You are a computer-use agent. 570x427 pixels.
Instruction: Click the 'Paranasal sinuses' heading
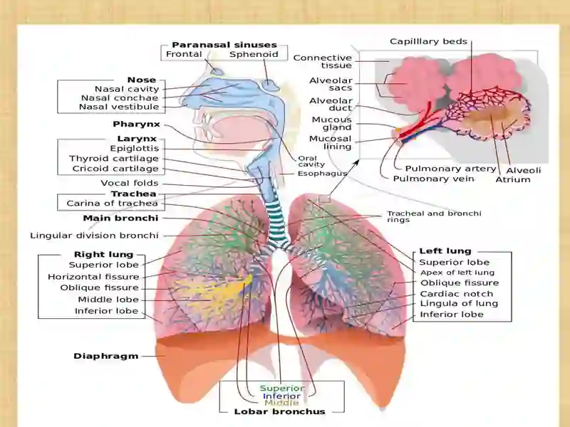(224, 45)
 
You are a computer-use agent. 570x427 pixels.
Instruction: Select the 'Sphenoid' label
(254, 55)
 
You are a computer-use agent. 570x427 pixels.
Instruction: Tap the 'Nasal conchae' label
(120, 98)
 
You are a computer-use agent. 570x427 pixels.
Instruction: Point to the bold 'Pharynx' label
(136, 124)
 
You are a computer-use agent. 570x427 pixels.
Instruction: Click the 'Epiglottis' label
(135, 149)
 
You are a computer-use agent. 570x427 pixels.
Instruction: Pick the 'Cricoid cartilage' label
(115, 169)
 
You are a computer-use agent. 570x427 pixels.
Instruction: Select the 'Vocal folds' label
(130, 183)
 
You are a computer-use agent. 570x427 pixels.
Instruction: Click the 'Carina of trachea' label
(113, 204)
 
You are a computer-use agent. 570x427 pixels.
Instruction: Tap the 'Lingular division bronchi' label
(94, 236)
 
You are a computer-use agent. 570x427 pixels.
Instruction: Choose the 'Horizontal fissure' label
(93, 277)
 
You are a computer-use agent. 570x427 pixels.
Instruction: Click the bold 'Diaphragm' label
(105, 357)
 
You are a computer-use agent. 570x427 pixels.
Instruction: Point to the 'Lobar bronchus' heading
(279, 412)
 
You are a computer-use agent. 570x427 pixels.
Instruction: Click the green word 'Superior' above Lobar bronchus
(282, 388)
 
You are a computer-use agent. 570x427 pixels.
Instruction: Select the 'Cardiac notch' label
(457, 294)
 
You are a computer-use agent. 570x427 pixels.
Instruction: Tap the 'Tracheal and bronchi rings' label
(434, 216)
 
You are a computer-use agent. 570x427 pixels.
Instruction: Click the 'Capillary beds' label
(428, 41)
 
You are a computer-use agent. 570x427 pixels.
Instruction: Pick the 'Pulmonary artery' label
(450, 169)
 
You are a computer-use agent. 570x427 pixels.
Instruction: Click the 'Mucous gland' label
(331, 123)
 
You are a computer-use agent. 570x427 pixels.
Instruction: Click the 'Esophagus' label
(322, 174)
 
